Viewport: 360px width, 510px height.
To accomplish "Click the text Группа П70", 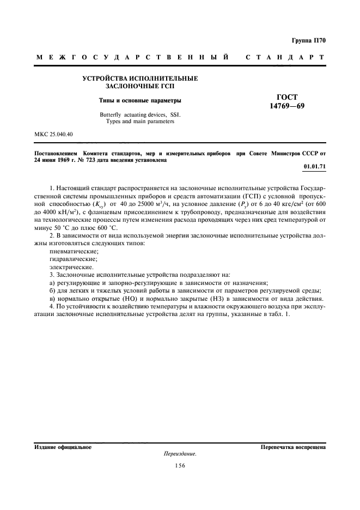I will [308, 40].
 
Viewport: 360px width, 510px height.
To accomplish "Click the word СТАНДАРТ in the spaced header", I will [285, 57].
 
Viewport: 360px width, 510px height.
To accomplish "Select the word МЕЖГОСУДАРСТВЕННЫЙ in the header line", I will [132, 57].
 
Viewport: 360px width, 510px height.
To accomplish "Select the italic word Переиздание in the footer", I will [179, 453].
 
